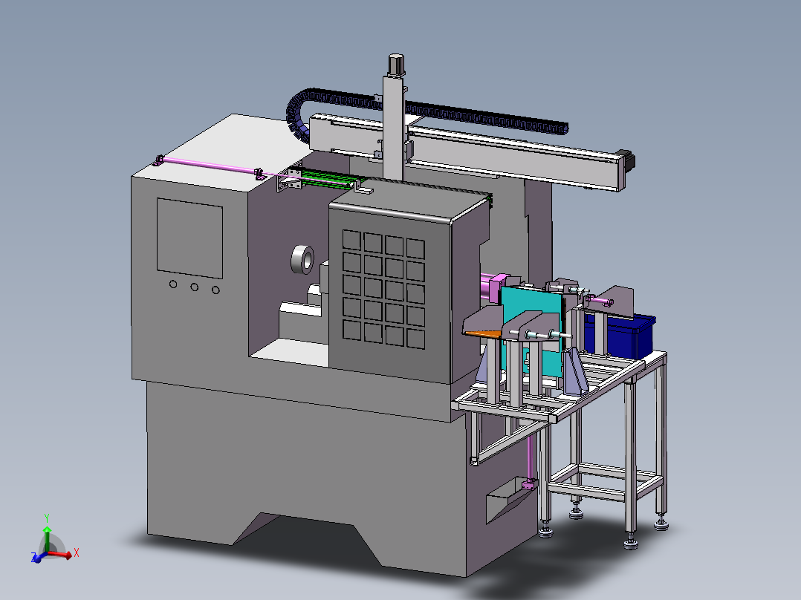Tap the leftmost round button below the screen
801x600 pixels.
pyautogui.click(x=173, y=284)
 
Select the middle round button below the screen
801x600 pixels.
pyautogui.click(x=195, y=287)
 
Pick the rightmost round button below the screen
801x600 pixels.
pyautogui.click(x=216, y=290)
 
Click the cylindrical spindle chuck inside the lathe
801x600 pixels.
pyautogui.click(x=302, y=259)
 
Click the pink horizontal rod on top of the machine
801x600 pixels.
pyautogui.click(x=208, y=166)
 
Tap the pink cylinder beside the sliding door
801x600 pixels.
pyautogui.click(x=491, y=287)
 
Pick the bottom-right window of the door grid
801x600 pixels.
pyautogui.click(x=416, y=339)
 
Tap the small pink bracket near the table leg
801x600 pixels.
pyautogui.click(x=529, y=485)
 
